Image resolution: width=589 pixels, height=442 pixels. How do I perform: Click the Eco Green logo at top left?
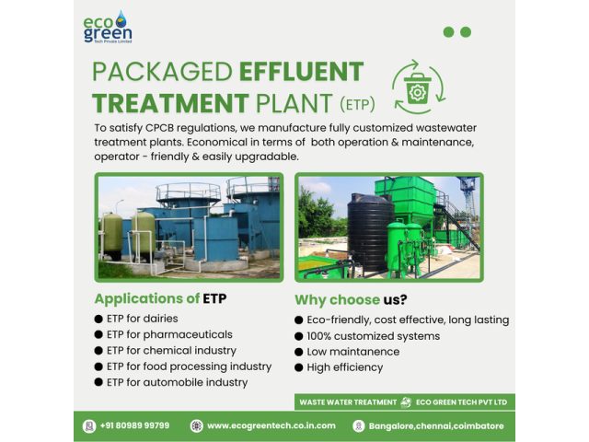point(108,27)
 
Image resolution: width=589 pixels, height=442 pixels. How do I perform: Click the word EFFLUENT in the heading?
point(302,72)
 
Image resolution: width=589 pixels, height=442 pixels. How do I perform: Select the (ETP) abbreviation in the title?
point(357,104)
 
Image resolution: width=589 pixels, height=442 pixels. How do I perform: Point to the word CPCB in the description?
point(159,128)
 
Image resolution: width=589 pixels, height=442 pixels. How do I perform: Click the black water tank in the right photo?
point(370,231)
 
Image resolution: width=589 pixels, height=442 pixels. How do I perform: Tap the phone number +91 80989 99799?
point(134,425)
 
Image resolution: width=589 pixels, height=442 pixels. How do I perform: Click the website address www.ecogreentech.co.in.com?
point(271,425)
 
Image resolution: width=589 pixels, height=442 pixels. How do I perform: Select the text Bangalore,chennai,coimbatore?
point(436,425)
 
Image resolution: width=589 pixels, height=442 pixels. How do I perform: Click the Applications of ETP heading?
point(160,298)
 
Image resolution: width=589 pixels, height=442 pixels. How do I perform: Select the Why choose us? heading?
point(351,299)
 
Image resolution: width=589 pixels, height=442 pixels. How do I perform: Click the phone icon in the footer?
point(89,425)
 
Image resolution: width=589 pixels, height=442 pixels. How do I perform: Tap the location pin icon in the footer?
point(359,425)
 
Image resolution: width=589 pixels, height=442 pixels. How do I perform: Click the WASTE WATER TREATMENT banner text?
point(348,402)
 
